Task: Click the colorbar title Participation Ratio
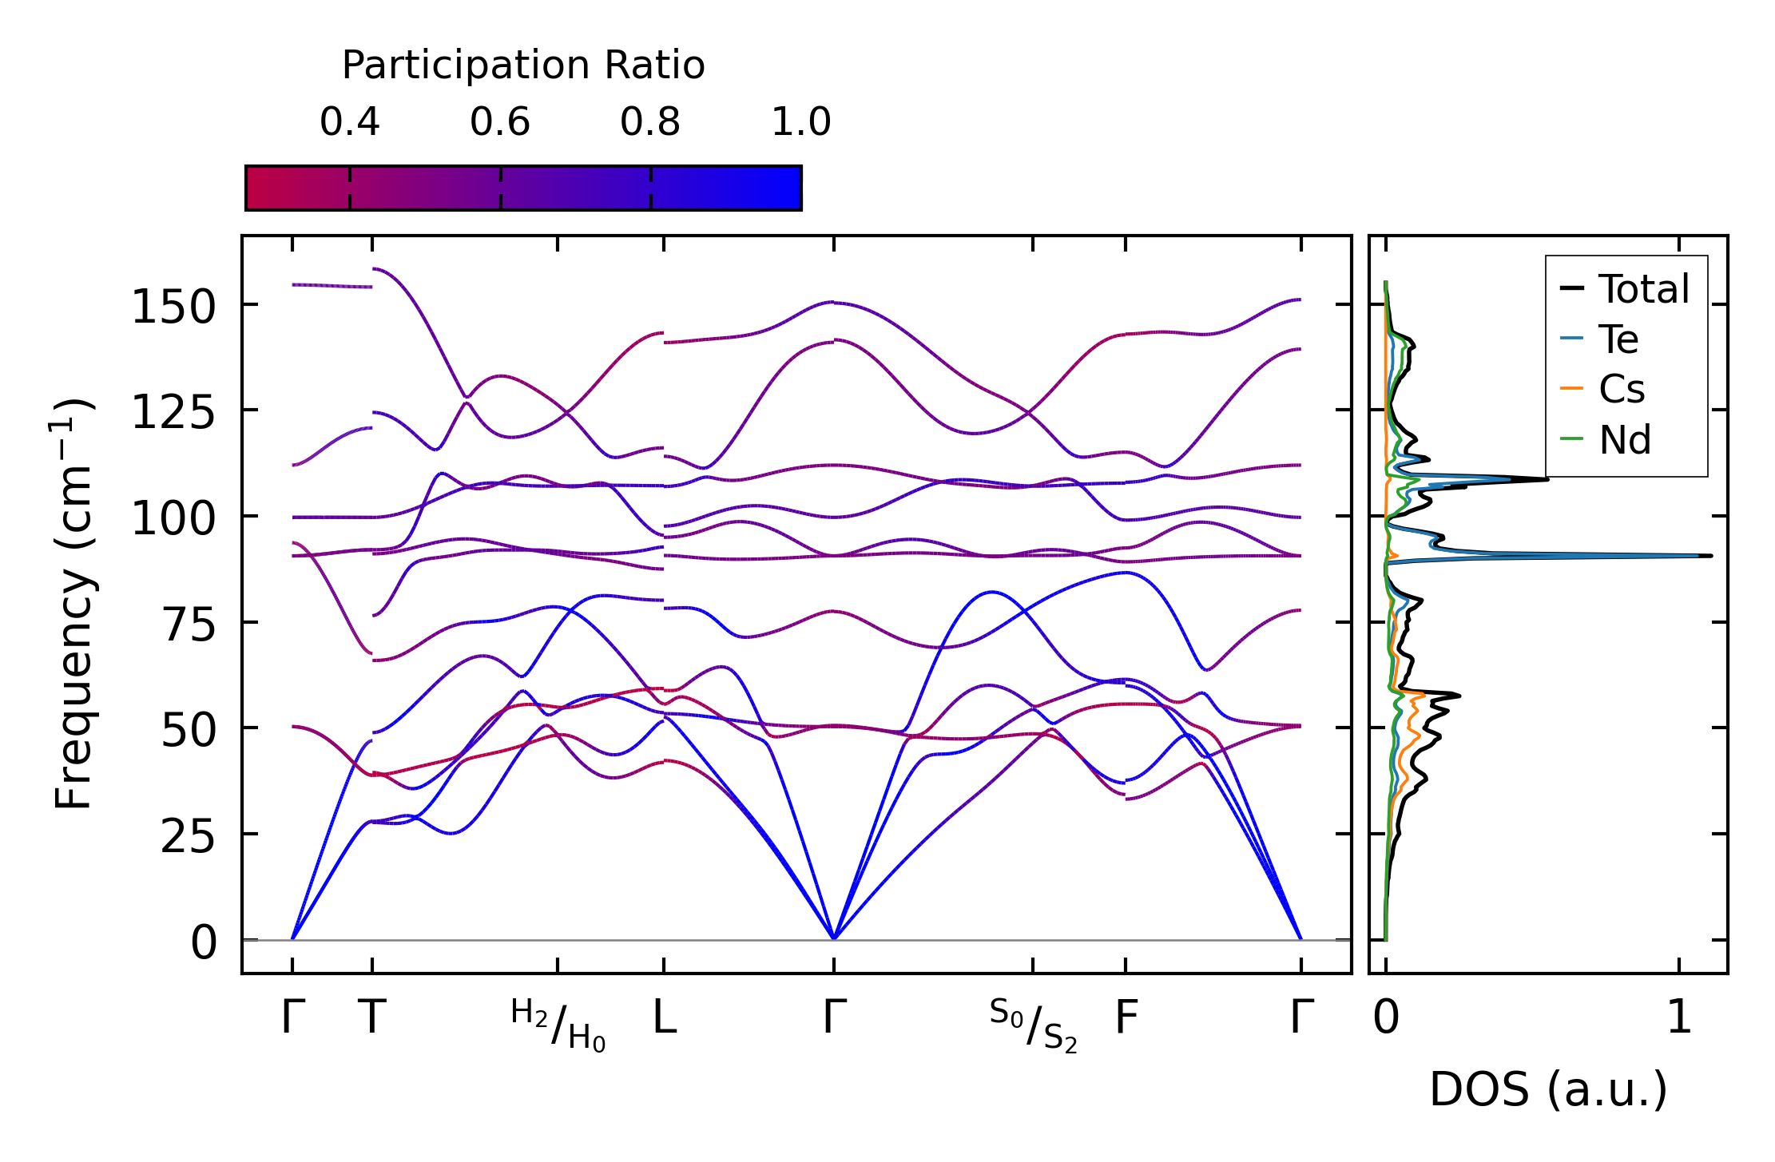point(523,65)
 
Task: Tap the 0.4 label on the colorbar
point(349,122)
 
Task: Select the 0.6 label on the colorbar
point(499,122)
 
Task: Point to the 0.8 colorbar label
point(649,122)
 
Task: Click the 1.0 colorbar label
point(800,122)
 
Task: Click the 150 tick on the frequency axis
point(173,307)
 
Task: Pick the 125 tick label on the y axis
point(173,413)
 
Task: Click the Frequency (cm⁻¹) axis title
point(73,604)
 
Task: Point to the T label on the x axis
point(372,1018)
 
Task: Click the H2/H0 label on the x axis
point(558,1025)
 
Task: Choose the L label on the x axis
point(665,1018)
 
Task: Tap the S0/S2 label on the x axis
point(1033,1025)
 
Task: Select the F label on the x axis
point(1126,1018)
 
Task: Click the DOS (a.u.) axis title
point(1548,1089)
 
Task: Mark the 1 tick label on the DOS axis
point(1679,1018)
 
